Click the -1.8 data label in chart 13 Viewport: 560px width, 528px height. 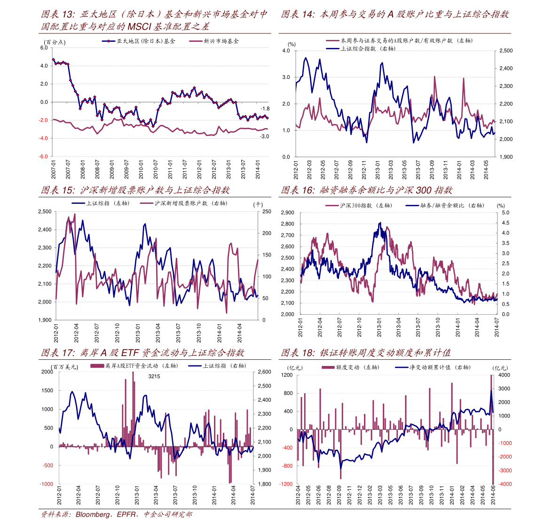tap(265, 109)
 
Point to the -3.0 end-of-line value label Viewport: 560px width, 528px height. tap(265, 136)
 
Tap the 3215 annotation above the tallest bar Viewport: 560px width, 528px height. tap(154, 376)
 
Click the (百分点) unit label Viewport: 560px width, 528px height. tap(55, 42)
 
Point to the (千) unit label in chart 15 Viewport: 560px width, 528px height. tap(258, 204)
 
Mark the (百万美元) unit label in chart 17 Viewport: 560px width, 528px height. tap(65, 366)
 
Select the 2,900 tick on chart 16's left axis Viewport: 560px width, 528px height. tap(287, 213)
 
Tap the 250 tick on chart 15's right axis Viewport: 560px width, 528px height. tap(267, 212)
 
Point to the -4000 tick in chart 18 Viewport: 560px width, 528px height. tap(504, 484)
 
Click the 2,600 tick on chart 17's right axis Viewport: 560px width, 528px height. tap(264, 372)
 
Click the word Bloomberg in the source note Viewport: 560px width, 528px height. tap(94, 514)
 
